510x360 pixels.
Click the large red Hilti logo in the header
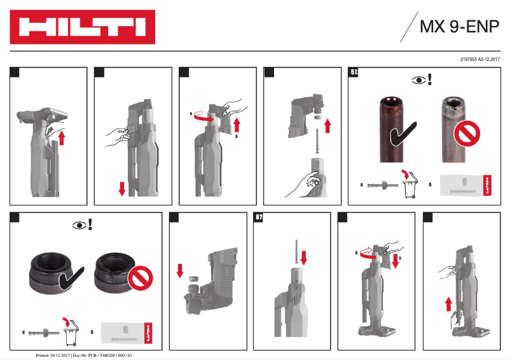click(x=82, y=27)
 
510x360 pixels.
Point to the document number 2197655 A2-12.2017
click(x=479, y=59)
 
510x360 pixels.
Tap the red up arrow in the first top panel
click(x=62, y=135)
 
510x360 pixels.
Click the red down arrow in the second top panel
click(x=122, y=189)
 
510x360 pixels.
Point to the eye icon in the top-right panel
click(x=418, y=80)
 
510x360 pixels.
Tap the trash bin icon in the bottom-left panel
click(x=71, y=333)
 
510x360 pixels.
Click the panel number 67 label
click(x=259, y=218)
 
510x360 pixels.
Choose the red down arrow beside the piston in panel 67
click(x=303, y=258)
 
